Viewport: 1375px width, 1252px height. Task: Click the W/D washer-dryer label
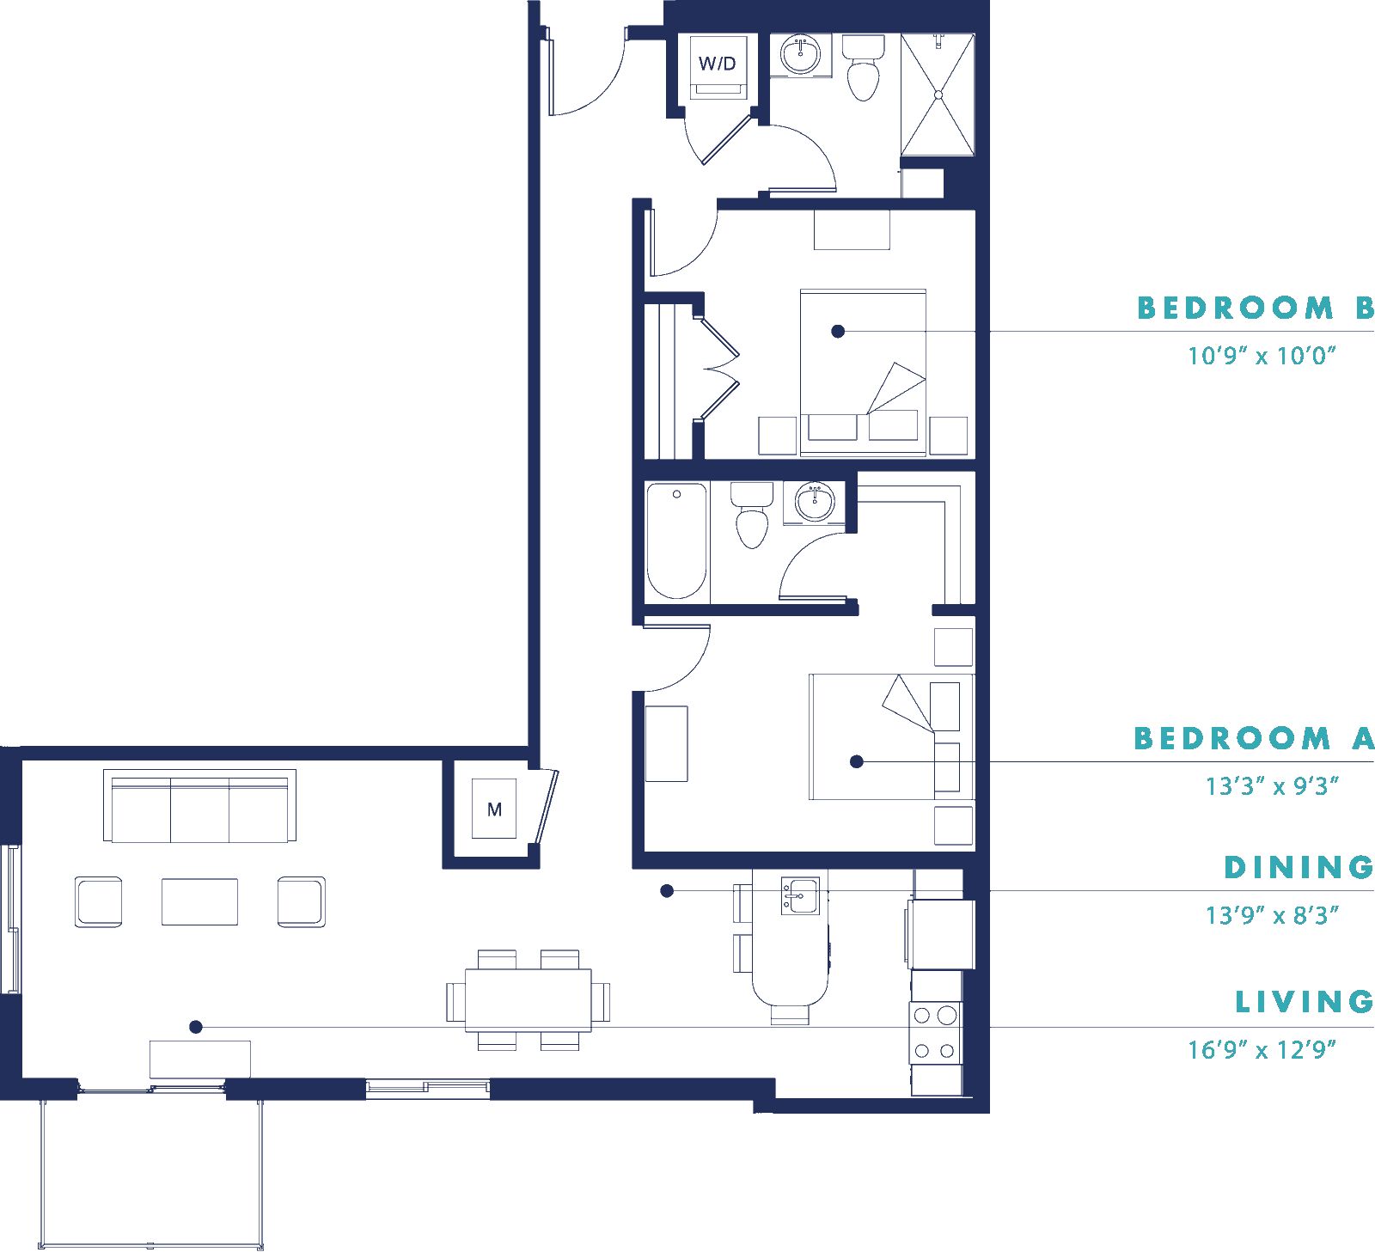pyautogui.click(x=717, y=64)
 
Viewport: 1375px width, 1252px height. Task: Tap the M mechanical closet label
pyautogui.click(x=494, y=809)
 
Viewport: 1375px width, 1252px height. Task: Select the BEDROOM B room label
pyautogui.click(x=1256, y=308)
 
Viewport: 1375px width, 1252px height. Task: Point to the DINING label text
pyautogui.click(x=1299, y=867)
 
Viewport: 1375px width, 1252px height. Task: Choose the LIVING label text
pyautogui.click(x=1305, y=1001)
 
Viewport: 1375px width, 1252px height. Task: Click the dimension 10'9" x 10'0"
pyautogui.click(x=1262, y=355)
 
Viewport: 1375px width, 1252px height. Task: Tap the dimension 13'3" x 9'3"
pyautogui.click(x=1272, y=785)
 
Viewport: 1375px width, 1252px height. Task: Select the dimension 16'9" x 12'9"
pyautogui.click(x=1262, y=1049)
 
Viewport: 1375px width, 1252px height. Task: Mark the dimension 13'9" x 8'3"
pyautogui.click(x=1272, y=915)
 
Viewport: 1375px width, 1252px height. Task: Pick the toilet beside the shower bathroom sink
pyautogui.click(x=863, y=68)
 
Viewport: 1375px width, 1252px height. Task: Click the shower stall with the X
pyautogui.click(x=938, y=95)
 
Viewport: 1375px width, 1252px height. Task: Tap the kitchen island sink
pyautogui.click(x=800, y=896)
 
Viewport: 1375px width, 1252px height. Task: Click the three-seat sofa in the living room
pyautogui.click(x=199, y=806)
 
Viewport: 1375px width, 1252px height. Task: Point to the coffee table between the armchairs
pyautogui.click(x=199, y=901)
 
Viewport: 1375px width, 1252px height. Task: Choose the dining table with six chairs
pyautogui.click(x=529, y=999)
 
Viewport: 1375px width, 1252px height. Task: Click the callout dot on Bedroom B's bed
pyautogui.click(x=838, y=331)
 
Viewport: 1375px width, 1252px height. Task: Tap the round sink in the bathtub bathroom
pyautogui.click(x=814, y=502)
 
